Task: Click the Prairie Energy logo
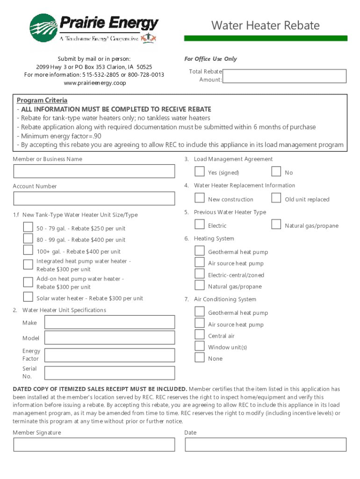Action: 94,28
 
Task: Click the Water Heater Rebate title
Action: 265,25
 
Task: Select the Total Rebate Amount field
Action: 284,76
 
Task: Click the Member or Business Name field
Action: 94,172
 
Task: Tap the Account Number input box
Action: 94,199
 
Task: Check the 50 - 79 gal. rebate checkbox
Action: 28,227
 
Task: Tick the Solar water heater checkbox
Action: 28,297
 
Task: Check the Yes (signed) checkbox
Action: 200,172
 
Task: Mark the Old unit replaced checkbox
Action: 276,198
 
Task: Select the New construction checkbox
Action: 200,198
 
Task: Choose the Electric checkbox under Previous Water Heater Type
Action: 200,225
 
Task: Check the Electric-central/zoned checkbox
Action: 200,274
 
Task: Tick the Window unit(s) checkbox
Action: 200,347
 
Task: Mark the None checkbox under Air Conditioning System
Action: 200,358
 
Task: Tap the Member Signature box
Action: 94,444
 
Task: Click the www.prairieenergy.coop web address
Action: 94,83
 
